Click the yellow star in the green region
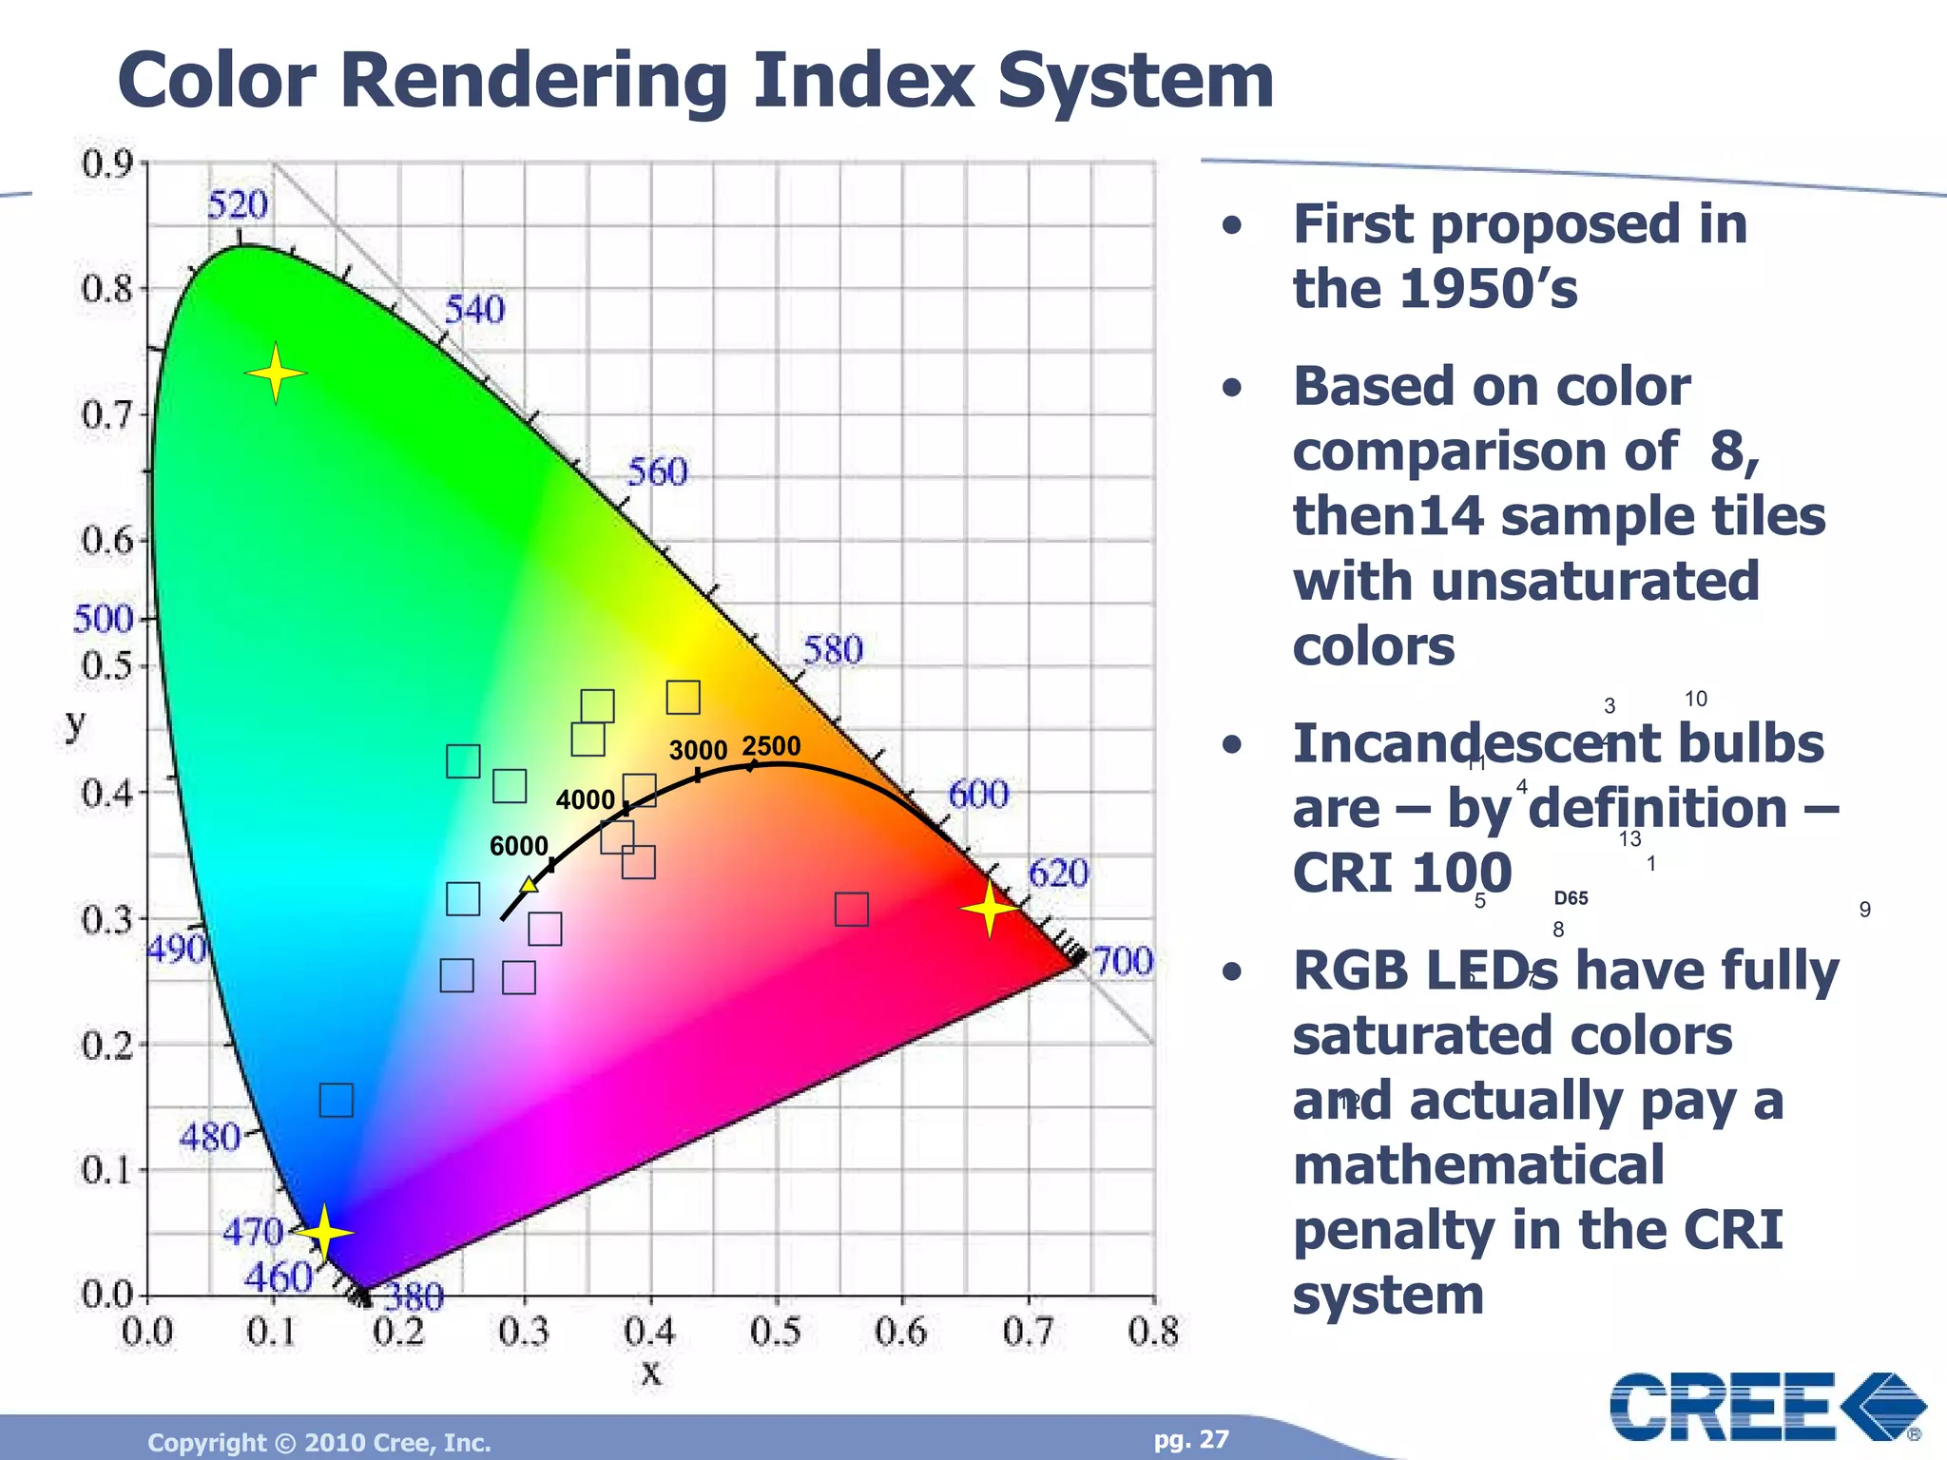276,374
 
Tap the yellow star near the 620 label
990,909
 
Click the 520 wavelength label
238,204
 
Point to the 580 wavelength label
833,650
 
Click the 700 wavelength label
1123,961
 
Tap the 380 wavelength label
414,1297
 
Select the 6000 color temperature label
518,846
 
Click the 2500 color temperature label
771,746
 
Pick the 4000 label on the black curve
586,800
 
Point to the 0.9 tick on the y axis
106,164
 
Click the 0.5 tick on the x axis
776,1332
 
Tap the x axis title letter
650,1373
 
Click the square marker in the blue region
336,1101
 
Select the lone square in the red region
851,910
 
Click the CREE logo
1766,1407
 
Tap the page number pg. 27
1191,1439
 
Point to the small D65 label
1571,898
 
